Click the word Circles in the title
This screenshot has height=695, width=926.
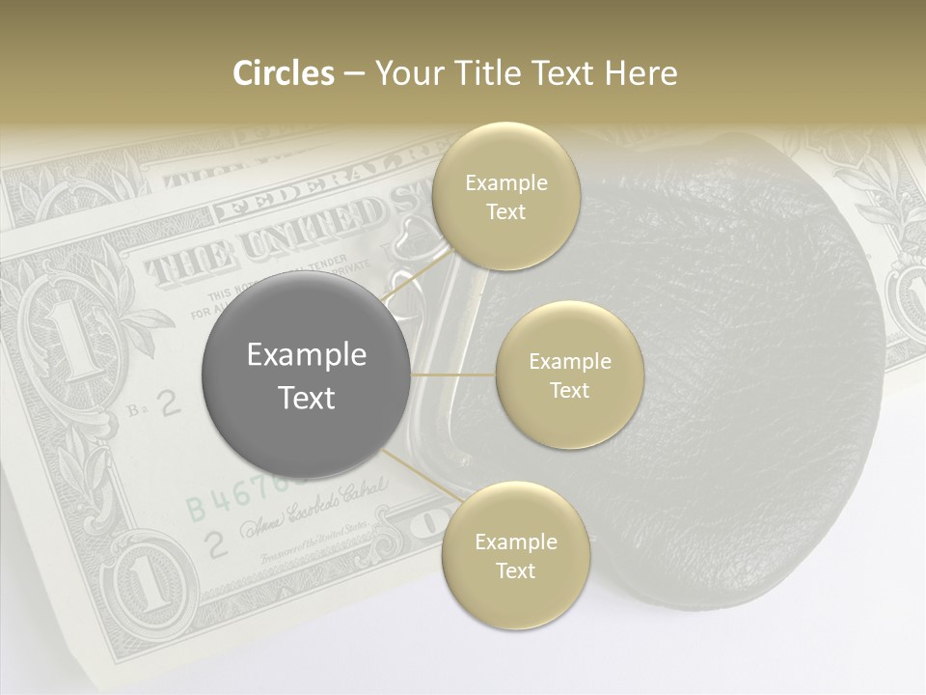(x=283, y=73)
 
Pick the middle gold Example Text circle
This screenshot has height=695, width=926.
(x=569, y=375)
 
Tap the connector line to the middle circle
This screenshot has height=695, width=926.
(x=453, y=375)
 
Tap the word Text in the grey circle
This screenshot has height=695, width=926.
(x=306, y=398)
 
